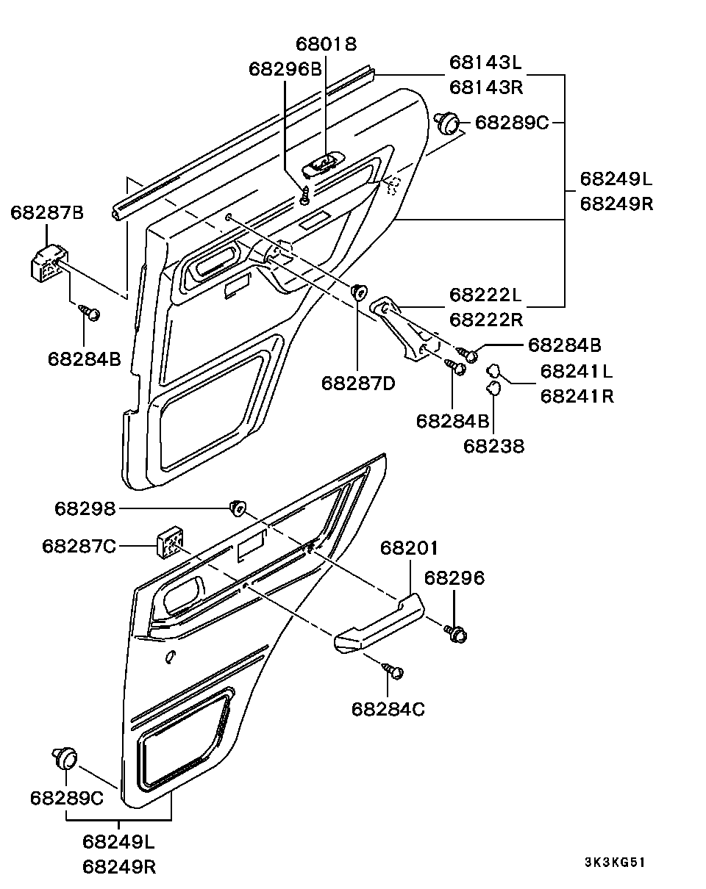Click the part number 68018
click(x=326, y=44)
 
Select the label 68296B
click(x=285, y=69)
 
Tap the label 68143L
click(x=486, y=62)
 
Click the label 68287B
click(x=47, y=213)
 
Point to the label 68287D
click(x=358, y=384)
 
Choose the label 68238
click(x=493, y=446)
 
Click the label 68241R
click(x=577, y=396)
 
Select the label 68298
click(x=85, y=508)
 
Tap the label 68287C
click(x=79, y=546)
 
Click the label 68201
click(x=409, y=548)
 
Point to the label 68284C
click(x=388, y=709)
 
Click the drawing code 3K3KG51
click(x=615, y=862)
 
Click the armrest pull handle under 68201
click(x=379, y=624)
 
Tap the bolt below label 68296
click(x=456, y=634)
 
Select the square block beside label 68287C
click(x=170, y=542)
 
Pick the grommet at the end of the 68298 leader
click(x=238, y=508)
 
